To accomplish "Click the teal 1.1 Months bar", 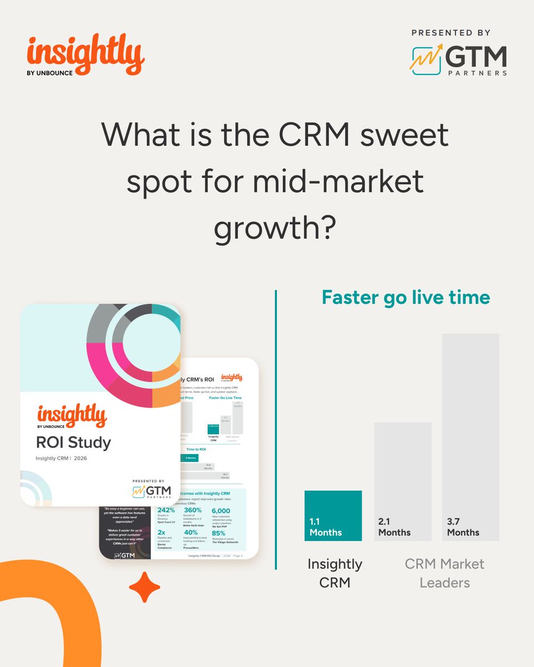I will click(333, 515).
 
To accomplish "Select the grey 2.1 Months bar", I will click(403, 481).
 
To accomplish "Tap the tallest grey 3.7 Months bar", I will click(471, 437).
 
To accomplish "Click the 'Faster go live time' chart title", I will click(406, 297).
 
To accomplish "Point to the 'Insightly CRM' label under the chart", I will click(334, 573).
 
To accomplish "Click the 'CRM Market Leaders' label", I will click(444, 573).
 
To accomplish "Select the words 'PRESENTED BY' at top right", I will click(452, 33).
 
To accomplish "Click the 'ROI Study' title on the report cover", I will click(74, 442).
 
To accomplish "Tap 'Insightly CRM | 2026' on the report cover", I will click(61, 459).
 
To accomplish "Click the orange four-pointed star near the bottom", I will click(145, 587).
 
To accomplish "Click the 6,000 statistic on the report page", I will click(221, 511).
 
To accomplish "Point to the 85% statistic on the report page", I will click(219, 532).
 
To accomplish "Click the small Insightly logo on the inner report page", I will click(231, 378).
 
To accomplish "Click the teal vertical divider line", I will click(276, 429).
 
